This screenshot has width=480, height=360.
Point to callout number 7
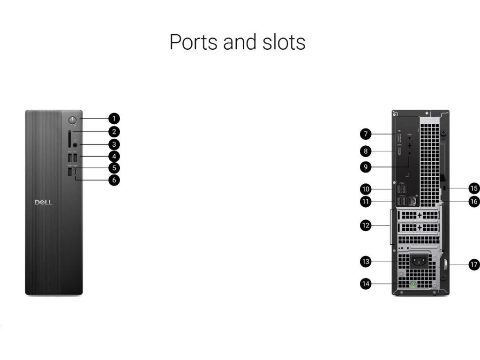click(366, 135)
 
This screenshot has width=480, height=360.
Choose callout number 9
click(366, 166)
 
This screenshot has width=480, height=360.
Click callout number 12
click(366, 225)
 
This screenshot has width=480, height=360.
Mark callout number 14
click(366, 283)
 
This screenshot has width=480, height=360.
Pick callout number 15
click(474, 188)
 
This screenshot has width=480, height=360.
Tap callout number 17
click(474, 264)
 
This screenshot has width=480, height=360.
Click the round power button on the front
click(73, 120)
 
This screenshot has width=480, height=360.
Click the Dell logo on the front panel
click(44, 202)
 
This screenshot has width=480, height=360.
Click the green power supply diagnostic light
click(413, 284)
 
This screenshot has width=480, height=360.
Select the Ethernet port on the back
click(413, 201)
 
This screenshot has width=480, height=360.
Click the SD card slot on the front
click(69, 138)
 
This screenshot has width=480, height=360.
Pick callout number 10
click(366, 189)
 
